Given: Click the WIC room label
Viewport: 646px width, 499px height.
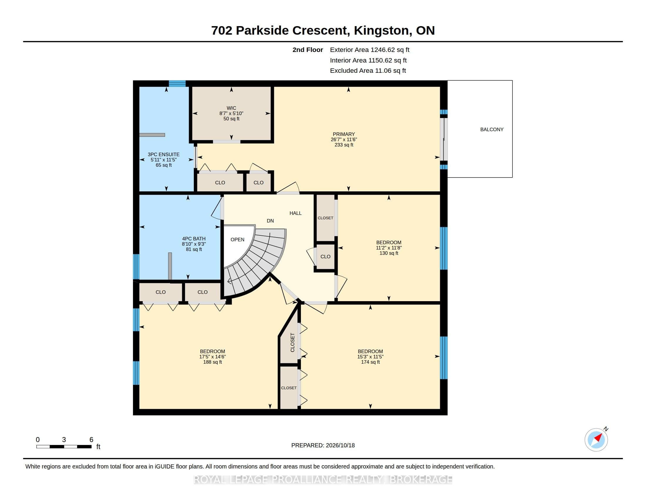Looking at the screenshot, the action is (231, 108).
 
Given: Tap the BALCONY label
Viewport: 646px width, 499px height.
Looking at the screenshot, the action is (492, 129).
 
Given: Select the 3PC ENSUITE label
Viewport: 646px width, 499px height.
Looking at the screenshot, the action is (164, 154).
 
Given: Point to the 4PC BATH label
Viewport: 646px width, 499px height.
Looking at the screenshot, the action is (194, 239).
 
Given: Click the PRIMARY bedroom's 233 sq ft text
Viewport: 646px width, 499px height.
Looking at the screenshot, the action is (344, 145).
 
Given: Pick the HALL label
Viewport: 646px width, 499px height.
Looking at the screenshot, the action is (295, 213).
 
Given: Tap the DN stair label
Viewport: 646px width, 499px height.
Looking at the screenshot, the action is (270, 221).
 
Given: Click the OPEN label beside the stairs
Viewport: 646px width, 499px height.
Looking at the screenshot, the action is (238, 240).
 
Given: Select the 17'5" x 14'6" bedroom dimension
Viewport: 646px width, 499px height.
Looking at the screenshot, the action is (212, 357).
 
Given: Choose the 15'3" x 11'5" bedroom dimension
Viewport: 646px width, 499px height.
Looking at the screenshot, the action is (370, 357).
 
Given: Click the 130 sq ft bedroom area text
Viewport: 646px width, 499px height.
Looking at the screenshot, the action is (389, 253).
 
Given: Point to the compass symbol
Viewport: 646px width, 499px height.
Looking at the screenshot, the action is (596, 440).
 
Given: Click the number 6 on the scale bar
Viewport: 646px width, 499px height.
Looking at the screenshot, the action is (91, 440).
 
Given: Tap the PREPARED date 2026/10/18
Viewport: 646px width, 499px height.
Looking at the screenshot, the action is (340, 445).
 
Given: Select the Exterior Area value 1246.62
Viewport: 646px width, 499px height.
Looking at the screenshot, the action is (383, 50).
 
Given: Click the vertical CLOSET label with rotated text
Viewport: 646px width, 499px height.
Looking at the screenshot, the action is (292, 342).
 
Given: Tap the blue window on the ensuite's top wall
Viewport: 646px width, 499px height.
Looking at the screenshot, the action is (177, 83).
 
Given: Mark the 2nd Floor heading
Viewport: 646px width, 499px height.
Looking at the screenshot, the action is (308, 50).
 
